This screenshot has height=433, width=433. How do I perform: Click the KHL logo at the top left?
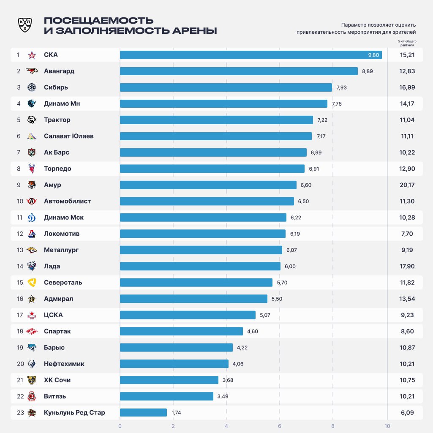25,25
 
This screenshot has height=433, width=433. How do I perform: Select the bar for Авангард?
239,71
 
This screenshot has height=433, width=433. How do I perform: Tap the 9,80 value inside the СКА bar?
373,55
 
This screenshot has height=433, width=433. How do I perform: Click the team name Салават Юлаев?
68,136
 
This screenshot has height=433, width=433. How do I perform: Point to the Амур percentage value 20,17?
407,185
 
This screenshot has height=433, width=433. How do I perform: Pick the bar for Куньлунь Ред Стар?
143,412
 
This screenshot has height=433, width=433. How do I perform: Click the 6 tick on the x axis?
280,426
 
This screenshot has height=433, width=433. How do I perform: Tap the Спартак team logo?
32,331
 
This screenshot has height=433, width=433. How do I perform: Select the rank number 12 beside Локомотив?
20,234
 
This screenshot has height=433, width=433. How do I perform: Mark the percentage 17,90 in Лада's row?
407,266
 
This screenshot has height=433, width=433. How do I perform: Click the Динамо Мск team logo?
32,218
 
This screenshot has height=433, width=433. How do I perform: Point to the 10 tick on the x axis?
387,426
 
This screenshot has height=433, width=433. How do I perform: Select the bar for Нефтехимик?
174,364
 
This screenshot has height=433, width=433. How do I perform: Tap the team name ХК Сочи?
57,380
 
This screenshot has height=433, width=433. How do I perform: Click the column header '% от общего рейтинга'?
407,43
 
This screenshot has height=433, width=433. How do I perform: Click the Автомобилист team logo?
32,201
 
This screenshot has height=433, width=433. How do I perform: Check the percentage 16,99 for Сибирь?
407,87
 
